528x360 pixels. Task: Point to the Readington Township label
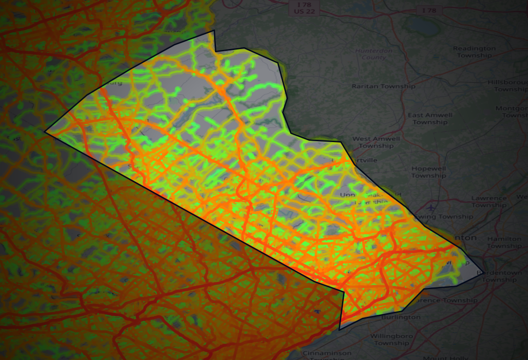[x=474, y=52]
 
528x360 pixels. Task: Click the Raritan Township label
[x=383, y=86]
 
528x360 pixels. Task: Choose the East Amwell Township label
[x=430, y=118]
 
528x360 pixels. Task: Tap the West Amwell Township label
[x=376, y=142]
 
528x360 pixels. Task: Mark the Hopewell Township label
[x=429, y=172]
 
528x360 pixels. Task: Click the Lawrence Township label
[x=489, y=202]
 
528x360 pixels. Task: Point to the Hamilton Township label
[x=504, y=242]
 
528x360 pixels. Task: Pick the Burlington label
[x=401, y=317]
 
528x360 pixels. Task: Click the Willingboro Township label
[x=391, y=339]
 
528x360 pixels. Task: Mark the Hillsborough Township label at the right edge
[x=508, y=85]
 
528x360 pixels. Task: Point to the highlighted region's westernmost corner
[x=45, y=132]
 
